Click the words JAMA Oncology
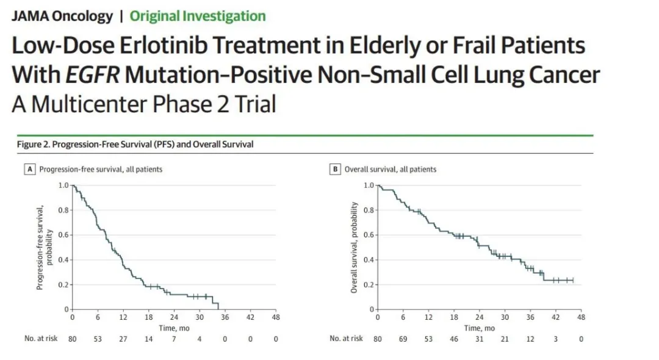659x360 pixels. pyautogui.click(x=62, y=16)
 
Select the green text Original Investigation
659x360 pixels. pyautogui.click(x=198, y=16)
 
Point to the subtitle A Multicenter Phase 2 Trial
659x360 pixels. pyautogui.click(x=143, y=104)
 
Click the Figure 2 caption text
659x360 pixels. pyautogui.click(x=135, y=145)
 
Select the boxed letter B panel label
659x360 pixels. pyautogui.click(x=334, y=169)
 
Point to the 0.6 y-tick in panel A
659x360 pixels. pyautogui.click(x=63, y=235)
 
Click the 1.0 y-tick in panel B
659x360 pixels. pyautogui.click(x=368, y=185)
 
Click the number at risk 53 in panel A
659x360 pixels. pyautogui.click(x=98, y=339)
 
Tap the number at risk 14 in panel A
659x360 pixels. pyautogui.click(x=148, y=339)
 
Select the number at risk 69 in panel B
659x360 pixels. pyautogui.click(x=403, y=339)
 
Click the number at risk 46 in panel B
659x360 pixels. pyautogui.click(x=453, y=339)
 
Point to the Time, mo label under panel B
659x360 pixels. pyautogui.click(x=479, y=328)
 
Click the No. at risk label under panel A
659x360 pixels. pyautogui.click(x=41, y=339)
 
